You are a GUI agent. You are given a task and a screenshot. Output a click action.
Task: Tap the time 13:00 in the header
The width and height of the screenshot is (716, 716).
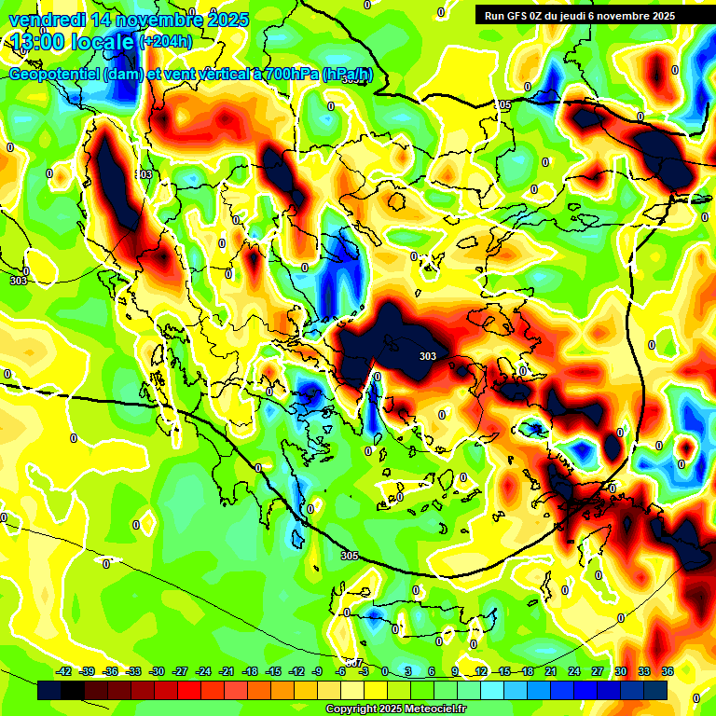pos(35,42)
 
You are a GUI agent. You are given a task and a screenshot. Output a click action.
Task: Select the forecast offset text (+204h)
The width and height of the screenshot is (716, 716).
pos(166,42)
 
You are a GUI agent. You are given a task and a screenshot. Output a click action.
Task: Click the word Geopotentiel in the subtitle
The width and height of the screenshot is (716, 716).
pos(55,75)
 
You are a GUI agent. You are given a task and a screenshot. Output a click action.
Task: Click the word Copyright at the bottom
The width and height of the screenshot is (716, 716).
pos(352,709)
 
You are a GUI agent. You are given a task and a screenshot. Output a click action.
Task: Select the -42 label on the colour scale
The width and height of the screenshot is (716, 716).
pos(64,671)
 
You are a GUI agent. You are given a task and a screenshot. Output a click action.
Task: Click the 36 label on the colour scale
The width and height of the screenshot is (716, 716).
pos(668,671)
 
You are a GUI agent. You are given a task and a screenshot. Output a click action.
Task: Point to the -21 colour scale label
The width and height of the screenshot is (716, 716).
pos(227,671)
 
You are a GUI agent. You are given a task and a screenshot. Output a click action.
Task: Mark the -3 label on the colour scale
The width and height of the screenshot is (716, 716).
pos(365,671)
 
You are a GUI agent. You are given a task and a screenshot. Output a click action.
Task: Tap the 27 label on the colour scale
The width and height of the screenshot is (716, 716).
pos(598,671)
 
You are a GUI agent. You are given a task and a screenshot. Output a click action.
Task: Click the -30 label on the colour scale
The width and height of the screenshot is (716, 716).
pos(157,671)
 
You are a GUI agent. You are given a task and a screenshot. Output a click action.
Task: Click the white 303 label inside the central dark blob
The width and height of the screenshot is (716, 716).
pos(428,356)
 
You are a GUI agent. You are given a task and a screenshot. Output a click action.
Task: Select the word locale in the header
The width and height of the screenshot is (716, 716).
pos(102,42)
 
